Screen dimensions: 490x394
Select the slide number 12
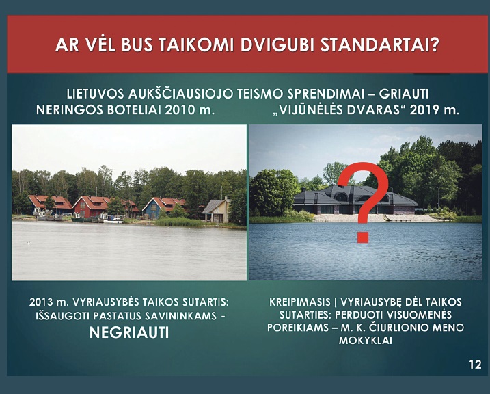coord(475,365)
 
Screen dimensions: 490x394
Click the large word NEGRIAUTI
coord(129,332)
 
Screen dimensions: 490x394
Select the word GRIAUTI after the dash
coord(404,94)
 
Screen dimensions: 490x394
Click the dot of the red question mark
coord(362,237)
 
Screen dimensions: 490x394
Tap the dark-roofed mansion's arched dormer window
coord(341,197)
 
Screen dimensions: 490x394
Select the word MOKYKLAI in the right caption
coord(366,340)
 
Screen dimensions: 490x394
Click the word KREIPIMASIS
coord(300,302)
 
